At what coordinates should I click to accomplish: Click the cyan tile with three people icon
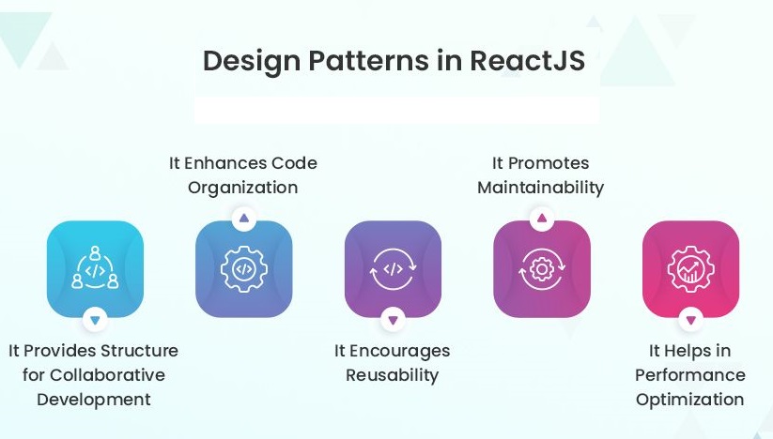coord(95,269)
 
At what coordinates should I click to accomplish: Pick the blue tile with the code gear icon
coord(243,269)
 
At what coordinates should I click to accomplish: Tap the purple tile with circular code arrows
coord(393,269)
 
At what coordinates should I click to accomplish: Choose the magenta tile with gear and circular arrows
coord(541,269)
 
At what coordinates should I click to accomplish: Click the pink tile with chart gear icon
coord(690,269)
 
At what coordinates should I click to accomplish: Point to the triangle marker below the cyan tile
coord(95,321)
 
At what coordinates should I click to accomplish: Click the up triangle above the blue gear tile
coord(243,219)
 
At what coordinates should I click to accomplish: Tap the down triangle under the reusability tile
coord(393,321)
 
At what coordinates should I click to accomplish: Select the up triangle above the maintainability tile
coord(541,219)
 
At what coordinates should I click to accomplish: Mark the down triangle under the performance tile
coord(690,321)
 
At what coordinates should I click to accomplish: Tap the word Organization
coord(242,188)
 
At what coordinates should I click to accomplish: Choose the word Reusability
coord(392,375)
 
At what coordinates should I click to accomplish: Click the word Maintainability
coord(540,188)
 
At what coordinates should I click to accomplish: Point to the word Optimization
coord(689,400)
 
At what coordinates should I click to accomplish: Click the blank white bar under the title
coord(395,111)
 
